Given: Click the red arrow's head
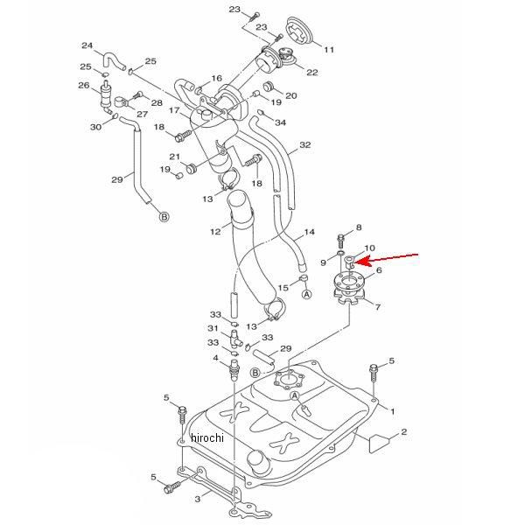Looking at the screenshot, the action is [360, 261].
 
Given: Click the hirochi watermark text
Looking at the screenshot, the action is [206, 437].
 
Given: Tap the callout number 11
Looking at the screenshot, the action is [329, 50].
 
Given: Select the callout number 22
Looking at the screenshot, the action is [312, 73].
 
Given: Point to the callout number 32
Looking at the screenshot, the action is [305, 144].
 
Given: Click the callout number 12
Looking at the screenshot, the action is [215, 231].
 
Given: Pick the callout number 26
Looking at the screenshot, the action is [84, 86].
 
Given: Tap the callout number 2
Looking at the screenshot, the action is [403, 431].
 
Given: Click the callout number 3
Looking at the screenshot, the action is [198, 499].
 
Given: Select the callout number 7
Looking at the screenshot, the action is [378, 307].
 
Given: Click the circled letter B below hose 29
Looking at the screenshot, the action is [164, 217].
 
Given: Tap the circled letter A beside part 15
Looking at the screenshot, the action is [307, 294].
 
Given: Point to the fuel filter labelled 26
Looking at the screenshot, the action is [107, 96].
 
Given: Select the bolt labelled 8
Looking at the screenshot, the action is [340, 240].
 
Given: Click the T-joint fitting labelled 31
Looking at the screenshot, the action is [235, 338].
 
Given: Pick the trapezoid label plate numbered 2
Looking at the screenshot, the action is [379, 444].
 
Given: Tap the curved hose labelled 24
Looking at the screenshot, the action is [111, 60].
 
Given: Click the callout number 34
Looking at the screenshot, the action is [280, 122].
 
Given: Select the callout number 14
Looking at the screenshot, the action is [310, 232].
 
